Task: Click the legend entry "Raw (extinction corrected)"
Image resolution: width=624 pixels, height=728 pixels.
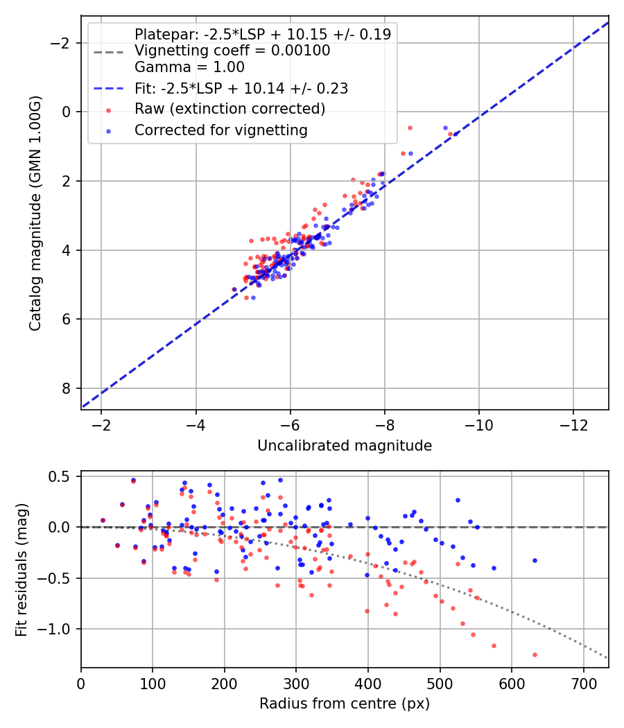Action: (229, 109)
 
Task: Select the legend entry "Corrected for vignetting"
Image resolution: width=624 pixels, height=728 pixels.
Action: (220, 130)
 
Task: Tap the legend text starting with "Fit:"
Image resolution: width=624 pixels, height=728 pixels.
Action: (241, 88)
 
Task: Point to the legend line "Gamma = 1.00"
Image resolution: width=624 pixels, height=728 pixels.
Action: (189, 67)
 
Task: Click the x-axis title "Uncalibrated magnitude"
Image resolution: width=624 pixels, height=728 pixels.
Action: (345, 446)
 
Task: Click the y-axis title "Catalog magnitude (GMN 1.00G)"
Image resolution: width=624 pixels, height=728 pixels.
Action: (35, 212)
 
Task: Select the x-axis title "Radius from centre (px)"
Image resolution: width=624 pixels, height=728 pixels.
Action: (345, 704)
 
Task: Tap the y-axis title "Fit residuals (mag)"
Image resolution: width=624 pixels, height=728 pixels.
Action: (21, 569)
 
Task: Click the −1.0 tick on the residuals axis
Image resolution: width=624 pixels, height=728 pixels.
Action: (59, 629)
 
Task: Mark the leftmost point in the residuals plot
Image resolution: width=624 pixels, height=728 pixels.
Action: (103, 520)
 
